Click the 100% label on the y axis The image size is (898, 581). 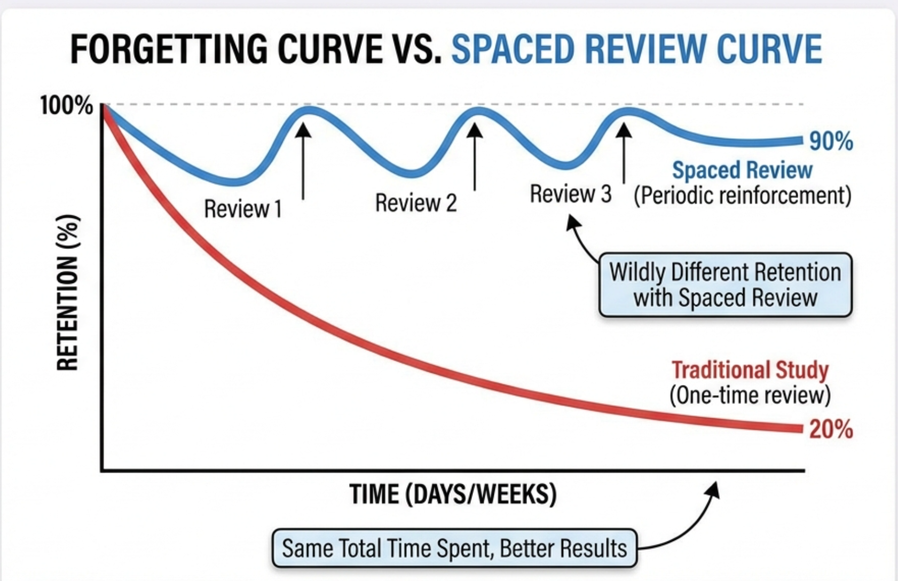point(66,105)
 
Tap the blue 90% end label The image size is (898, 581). point(831,142)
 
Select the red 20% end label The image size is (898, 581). point(831,429)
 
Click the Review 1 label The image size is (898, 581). point(243,209)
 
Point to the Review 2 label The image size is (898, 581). point(416,203)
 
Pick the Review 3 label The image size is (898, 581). point(570,194)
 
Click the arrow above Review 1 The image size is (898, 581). point(303,160)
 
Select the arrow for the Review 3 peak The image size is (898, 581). point(624,152)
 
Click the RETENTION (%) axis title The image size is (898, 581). point(68,293)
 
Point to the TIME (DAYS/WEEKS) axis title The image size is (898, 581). point(453,494)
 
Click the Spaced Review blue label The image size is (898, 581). point(742,170)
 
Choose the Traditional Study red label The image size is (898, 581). point(750,370)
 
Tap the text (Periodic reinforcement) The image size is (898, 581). point(742,195)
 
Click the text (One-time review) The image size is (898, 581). point(750,395)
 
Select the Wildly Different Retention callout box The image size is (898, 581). point(725,285)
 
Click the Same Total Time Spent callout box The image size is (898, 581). point(454,548)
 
